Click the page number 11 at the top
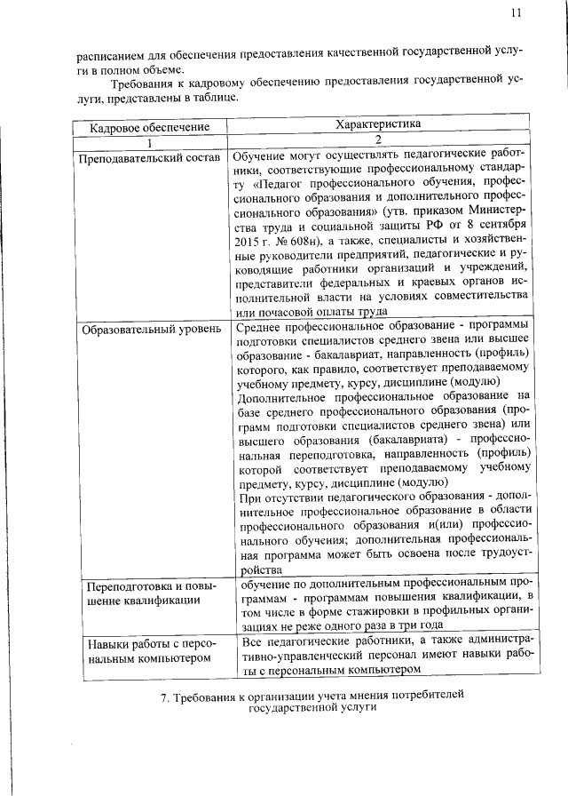(x=517, y=13)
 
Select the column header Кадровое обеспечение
(x=150, y=127)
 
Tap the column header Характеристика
(x=377, y=125)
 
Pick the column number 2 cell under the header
(x=377, y=140)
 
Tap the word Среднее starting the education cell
(x=261, y=329)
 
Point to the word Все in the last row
(x=253, y=641)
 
